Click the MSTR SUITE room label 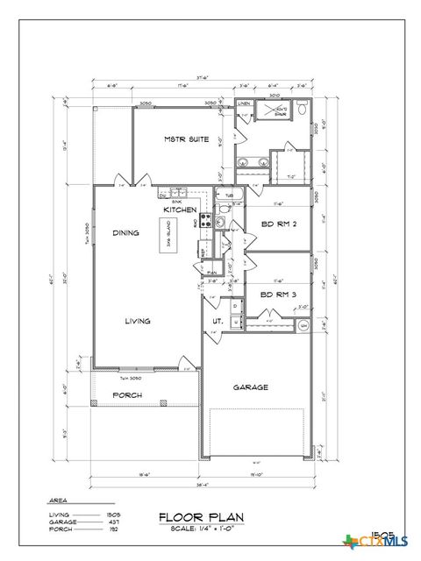tap(186, 139)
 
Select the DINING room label tap(127, 232)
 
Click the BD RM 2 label tap(279, 224)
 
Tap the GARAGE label tap(250, 387)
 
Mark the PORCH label tap(127, 395)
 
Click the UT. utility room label tap(217, 322)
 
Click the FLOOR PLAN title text tap(200, 516)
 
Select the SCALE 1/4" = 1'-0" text tap(200, 528)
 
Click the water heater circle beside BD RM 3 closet tap(303, 326)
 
